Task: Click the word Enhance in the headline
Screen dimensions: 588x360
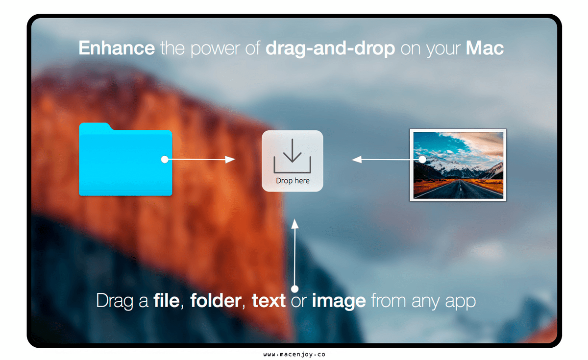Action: pyautogui.click(x=117, y=48)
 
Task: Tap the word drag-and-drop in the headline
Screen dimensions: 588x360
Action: pyautogui.click(x=330, y=49)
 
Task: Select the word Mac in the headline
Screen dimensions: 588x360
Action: pyautogui.click(x=485, y=48)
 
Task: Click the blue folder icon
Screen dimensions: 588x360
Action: pyautogui.click(x=125, y=159)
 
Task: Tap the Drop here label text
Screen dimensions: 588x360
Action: pyautogui.click(x=293, y=181)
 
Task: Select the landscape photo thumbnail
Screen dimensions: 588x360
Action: pyautogui.click(x=458, y=165)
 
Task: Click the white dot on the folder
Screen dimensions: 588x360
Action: pyautogui.click(x=165, y=159)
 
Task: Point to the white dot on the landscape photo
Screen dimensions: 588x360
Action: pyautogui.click(x=422, y=159)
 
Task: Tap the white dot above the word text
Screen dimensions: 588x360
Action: pyautogui.click(x=295, y=289)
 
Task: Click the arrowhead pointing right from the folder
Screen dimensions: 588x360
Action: pyautogui.click(x=230, y=159)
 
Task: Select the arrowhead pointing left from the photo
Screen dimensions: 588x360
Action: pyautogui.click(x=357, y=159)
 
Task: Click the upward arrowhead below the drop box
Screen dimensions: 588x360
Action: pyautogui.click(x=295, y=224)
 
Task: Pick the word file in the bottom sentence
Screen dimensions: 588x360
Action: pyautogui.click(x=167, y=300)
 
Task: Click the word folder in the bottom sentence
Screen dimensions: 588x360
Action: pyautogui.click(x=216, y=300)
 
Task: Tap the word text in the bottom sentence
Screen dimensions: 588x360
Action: pyautogui.click(x=269, y=301)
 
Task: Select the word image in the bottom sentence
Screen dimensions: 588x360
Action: pyautogui.click(x=339, y=302)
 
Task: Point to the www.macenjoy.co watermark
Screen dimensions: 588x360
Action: pyautogui.click(x=294, y=355)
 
